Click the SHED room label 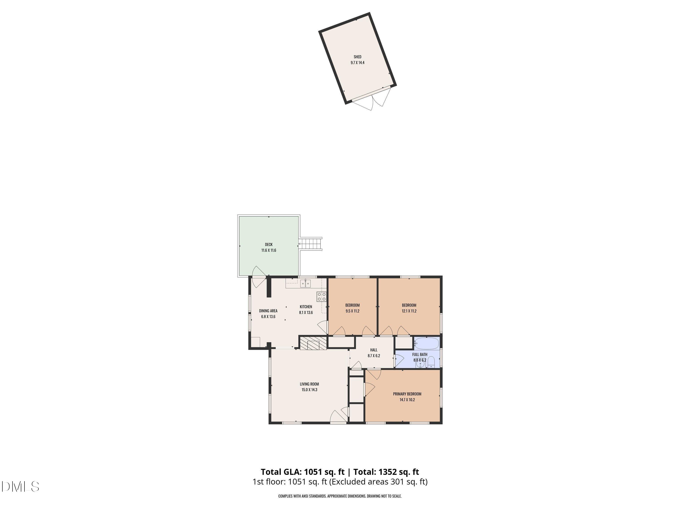[357, 57]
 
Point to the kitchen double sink [90, 283]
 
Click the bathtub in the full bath [426, 343]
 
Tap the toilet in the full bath [431, 362]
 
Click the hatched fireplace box [313, 343]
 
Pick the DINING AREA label [268, 311]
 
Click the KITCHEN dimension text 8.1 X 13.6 [306, 313]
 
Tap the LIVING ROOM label [309, 384]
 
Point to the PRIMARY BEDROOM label [407, 394]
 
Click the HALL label [374, 350]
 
